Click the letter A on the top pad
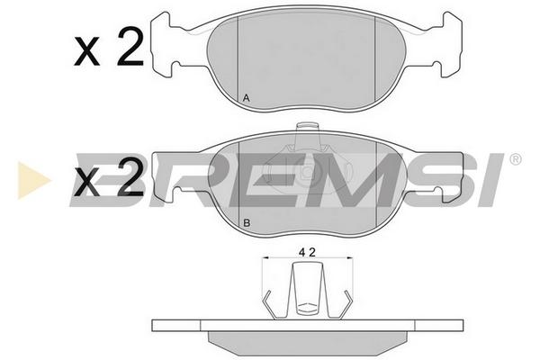click(247, 98)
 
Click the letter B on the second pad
click(247, 223)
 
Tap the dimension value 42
click(307, 253)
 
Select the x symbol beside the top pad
click(86, 51)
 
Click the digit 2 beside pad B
click(130, 176)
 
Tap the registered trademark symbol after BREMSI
click(515, 159)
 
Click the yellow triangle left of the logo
click(33, 180)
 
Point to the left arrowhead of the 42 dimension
click(265, 257)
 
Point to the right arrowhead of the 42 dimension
click(350, 257)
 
